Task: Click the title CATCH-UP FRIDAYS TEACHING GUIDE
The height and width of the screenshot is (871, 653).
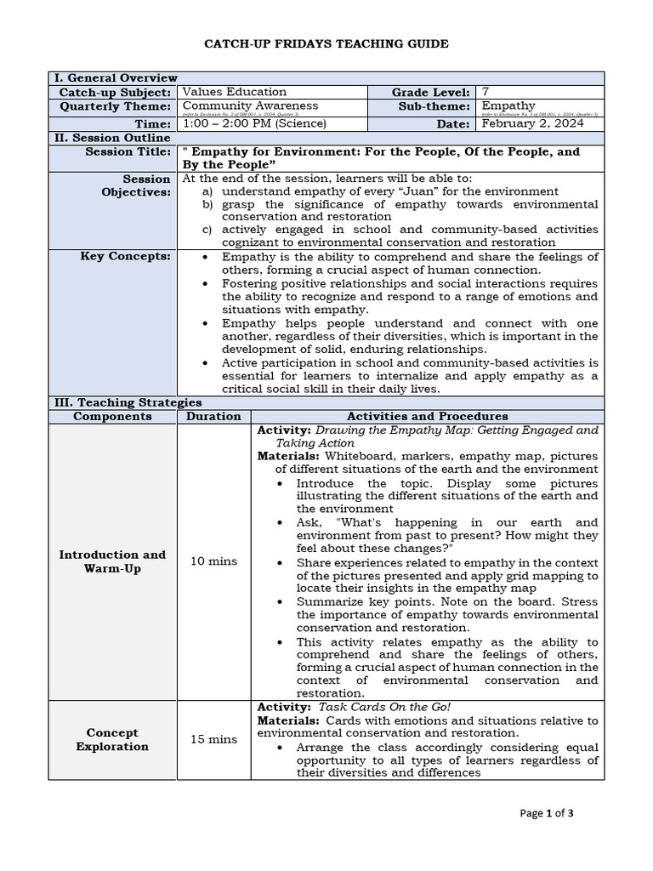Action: [326, 43]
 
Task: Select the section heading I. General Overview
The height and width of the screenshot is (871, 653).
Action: [116, 78]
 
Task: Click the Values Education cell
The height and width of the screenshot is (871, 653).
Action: [235, 92]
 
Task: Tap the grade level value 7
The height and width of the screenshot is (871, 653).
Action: [485, 92]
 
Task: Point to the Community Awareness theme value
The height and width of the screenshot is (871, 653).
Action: [251, 105]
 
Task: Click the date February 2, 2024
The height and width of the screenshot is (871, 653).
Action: [534, 123]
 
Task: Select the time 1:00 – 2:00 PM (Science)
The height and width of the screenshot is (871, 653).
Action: [254, 123]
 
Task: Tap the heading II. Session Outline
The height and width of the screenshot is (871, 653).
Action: [112, 137]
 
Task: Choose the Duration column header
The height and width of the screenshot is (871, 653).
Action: [213, 416]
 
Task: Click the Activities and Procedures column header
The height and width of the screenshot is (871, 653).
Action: [427, 416]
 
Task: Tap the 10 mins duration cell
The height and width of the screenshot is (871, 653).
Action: [213, 561]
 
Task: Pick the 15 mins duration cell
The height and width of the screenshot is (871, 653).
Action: [213, 739]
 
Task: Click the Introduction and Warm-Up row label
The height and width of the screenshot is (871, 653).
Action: [112, 561]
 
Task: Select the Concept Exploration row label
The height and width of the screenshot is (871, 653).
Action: [112, 739]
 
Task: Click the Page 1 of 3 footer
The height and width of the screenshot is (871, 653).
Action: [547, 813]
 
